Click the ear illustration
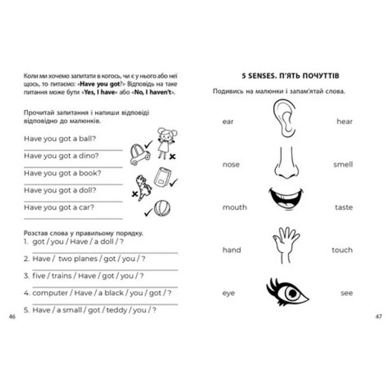[284, 118]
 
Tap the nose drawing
[286, 163]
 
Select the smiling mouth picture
[286, 199]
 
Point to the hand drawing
[286, 245]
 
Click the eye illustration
[287, 293]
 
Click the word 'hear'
[344, 122]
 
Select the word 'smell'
[343, 164]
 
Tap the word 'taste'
[344, 207]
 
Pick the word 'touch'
[342, 250]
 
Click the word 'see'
[347, 293]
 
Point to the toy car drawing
[140, 154]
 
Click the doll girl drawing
[166, 143]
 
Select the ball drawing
[162, 208]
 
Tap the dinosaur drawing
[143, 188]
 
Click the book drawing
[162, 177]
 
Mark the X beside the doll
[172, 156]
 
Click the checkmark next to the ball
[148, 212]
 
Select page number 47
[378, 317]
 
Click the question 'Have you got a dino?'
[61, 156]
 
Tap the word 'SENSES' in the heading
[263, 76]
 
